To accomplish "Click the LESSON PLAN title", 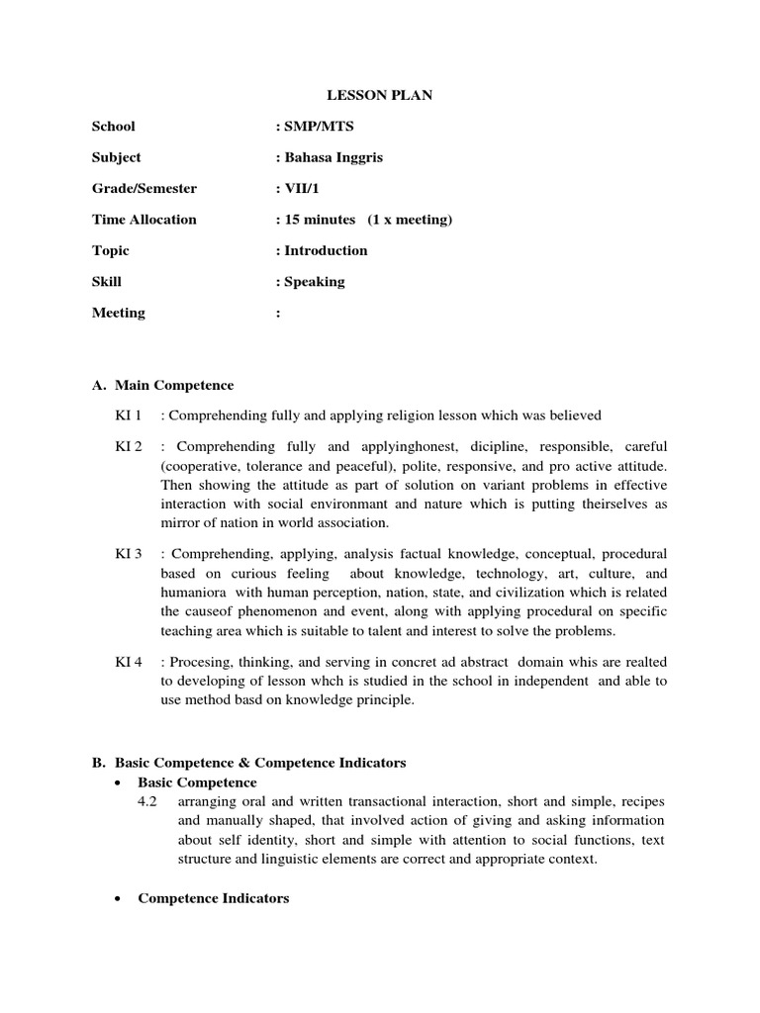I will coord(380,96).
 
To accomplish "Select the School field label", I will coord(114,127).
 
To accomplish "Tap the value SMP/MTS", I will coord(312,127).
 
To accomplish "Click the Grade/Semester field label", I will coord(144,188).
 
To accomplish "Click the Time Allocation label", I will coord(144,220).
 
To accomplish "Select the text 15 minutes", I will coord(314,220).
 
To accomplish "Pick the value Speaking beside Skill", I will coord(314,282).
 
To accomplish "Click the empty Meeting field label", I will coord(119,313).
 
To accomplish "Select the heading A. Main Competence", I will coord(163,385).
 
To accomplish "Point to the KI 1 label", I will coord(129,415).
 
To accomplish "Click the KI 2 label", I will coord(129,447).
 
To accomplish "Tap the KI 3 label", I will coord(129,554).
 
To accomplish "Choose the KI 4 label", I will coord(129,662).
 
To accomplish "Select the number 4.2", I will coord(148,800).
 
